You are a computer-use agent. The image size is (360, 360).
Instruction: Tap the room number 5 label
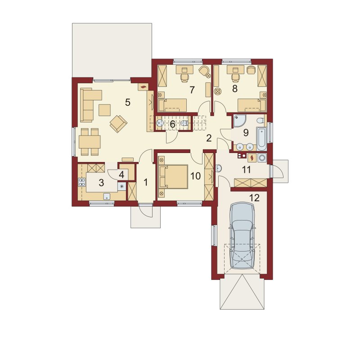(128, 102)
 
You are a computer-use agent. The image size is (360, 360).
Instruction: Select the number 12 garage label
(254, 198)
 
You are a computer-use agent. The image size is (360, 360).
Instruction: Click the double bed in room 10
(173, 176)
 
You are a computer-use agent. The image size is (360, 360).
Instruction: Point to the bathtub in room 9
(261, 139)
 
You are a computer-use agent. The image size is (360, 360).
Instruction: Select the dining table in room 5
(90, 142)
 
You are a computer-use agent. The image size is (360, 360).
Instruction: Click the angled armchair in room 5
(118, 123)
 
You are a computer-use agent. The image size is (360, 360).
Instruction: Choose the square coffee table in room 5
(105, 110)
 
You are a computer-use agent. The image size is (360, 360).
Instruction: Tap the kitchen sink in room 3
(107, 196)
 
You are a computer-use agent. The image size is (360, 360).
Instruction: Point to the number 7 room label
(192, 90)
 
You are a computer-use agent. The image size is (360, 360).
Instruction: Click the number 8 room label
(234, 89)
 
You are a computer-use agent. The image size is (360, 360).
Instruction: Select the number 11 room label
(246, 170)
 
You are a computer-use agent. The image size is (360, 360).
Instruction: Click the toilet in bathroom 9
(261, 121)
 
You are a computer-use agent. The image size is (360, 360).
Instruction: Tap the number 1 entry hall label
(145, 182)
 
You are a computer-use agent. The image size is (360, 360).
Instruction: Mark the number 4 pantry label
(121, 175)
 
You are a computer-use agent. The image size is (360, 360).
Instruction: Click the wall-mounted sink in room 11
(219, 168)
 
